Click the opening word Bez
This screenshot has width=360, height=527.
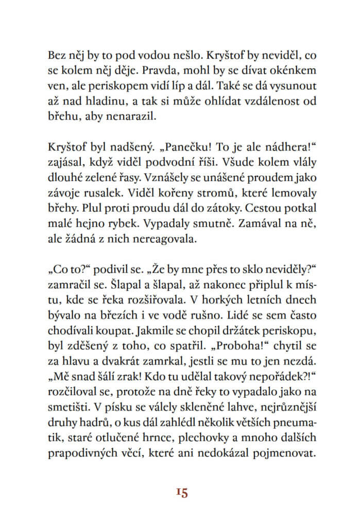(56, 54)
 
